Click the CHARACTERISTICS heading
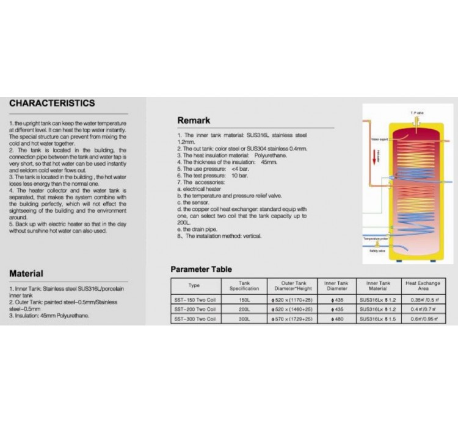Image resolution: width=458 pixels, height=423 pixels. tap(52, 103)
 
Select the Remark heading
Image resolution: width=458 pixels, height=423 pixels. tap(194, 120)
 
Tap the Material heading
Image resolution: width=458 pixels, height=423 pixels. tap(26, 273)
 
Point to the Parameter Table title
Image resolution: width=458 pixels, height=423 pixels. tap(201, 269)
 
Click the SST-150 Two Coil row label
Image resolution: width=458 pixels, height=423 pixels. tap(194, 300)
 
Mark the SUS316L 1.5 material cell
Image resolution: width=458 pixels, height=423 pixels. tap(379, 319)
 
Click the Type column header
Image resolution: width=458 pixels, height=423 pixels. tap(194, 285)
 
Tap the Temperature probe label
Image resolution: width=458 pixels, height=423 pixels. tap(376, 239)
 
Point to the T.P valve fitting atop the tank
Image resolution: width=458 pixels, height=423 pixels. tap(415, 121)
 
